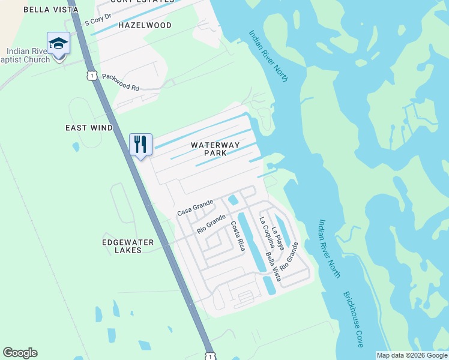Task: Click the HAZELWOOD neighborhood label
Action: pos(145,25)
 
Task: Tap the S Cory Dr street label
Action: pos(98,20)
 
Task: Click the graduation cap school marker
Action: pos(59,44)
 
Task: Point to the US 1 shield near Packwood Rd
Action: pos(91,74)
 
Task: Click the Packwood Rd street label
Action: pos(121,82)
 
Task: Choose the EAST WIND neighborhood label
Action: pos(89,128)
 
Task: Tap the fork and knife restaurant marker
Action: pos(140,145)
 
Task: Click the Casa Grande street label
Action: pos(195,209)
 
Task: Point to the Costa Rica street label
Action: pos(238,236)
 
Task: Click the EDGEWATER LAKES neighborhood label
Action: pos(128,246)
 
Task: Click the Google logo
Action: pos(20,353)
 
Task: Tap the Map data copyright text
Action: pos(412,355)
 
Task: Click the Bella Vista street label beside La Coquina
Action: pos(273,266)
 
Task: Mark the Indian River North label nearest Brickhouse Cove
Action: pos(328,248)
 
